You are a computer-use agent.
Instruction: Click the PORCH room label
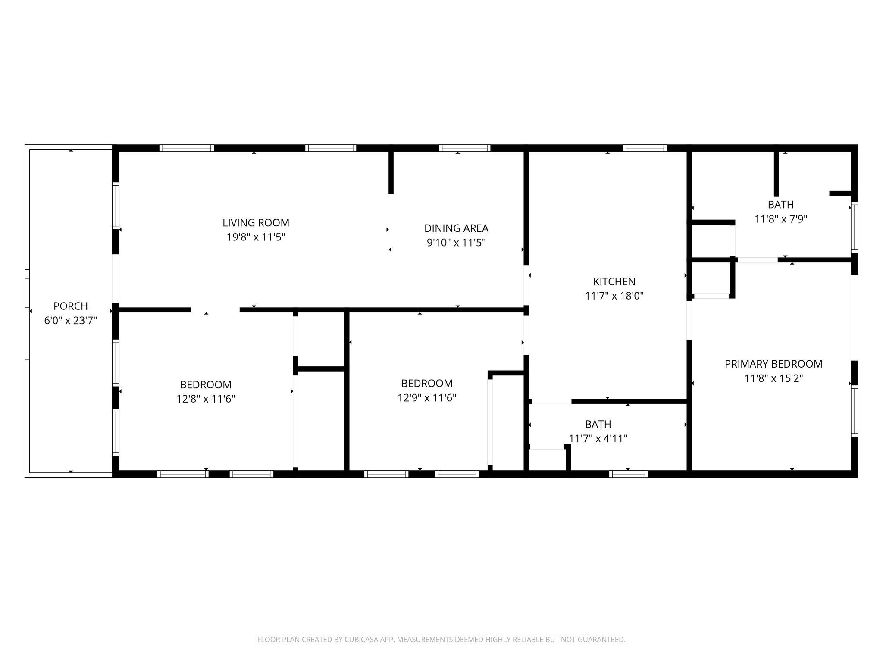coord(71,306)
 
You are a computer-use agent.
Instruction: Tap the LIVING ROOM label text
coord(256,223)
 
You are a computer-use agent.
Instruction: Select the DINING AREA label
coord(456,228)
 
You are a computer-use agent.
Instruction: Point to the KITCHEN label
coord(614,282)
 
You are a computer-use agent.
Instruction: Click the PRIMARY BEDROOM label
coord(773,364)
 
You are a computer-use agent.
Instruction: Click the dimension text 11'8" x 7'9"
coord(780,219)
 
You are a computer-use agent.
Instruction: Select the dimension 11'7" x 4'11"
coord(598,439)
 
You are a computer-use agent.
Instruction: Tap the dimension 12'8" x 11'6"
coord(206,399)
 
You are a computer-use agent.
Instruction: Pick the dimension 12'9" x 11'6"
coord(427,398)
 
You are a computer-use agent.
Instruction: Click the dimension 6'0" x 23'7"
coord(71,321)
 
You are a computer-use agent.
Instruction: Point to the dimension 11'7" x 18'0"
coord(614,296)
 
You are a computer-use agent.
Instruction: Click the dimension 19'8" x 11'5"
coord(256,237)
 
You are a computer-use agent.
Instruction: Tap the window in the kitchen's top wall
coord(645,148)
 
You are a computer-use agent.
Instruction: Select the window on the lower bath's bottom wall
coord(629,474)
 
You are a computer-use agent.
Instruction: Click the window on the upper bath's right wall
coord(854,227)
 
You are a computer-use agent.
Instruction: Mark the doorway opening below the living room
coord(215,310)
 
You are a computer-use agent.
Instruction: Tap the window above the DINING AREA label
coord(465,148)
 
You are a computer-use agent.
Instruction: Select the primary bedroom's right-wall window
coord(854,411)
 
